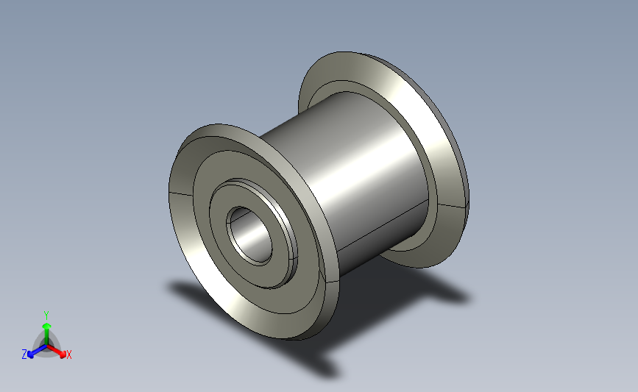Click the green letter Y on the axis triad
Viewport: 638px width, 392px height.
tap(46, 316)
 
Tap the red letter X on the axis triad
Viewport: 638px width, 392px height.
tap(68, 354)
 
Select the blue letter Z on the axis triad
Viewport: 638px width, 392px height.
tap(24, 354)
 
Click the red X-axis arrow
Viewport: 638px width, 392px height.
tap(56, 351)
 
